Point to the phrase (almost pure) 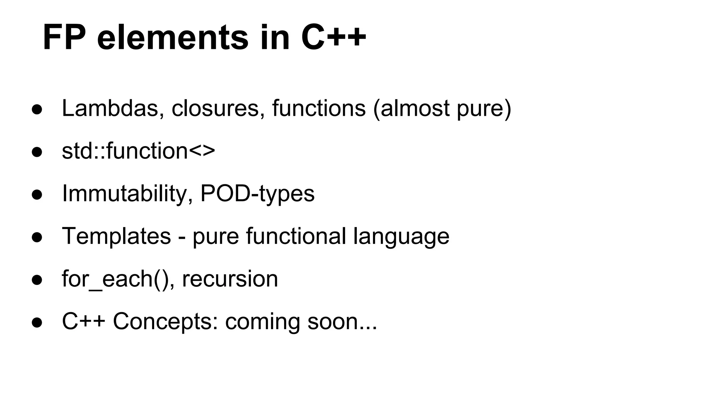442,108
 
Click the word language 401,237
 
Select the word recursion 230,279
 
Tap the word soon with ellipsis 342,322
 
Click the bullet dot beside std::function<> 37,152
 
